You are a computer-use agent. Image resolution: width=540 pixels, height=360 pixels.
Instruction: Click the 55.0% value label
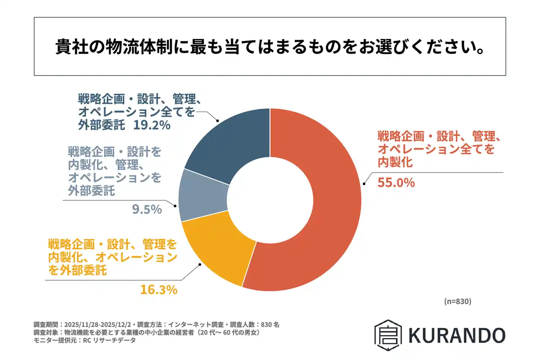396,183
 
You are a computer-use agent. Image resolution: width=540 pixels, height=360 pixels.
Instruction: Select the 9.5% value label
148,209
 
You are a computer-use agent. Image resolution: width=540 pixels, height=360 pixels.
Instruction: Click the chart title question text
270,47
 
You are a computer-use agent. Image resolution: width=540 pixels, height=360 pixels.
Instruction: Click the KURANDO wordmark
456,335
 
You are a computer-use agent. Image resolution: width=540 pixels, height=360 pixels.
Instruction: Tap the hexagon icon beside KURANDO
388,335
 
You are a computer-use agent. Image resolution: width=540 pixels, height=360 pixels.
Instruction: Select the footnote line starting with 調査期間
157,325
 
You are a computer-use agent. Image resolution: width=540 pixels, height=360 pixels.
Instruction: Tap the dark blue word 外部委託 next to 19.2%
102,125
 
